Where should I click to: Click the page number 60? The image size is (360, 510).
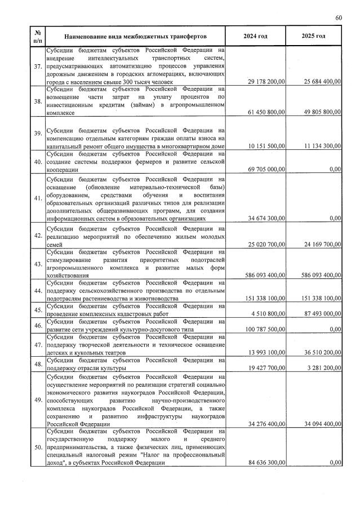coord(338,18)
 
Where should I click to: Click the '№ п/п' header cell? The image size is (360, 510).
coord(37,36)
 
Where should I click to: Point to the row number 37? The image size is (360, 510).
coord(38,66)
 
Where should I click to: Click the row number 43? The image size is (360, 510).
coord(38,264)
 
